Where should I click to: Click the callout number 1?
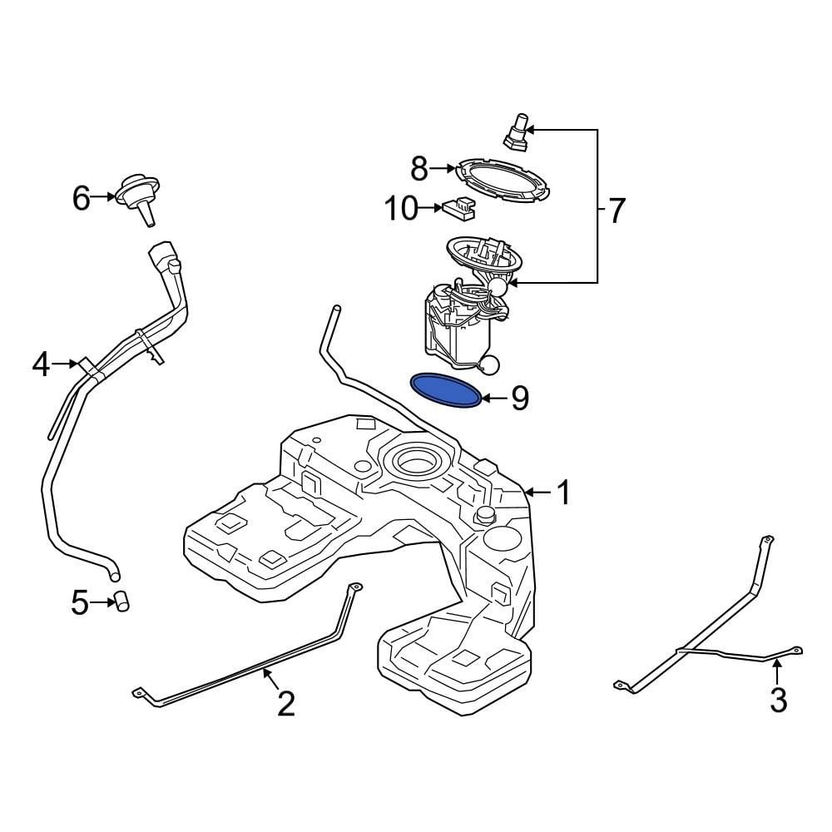(x=564, y=493)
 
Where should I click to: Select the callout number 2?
(x=285, y=704)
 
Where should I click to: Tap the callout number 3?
(x=778, y=700)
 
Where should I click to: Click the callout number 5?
(x=80, y=602)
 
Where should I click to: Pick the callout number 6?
(x=81, y=198)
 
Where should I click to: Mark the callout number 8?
(x=419, y=170)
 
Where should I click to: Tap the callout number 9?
(x=519, y=399)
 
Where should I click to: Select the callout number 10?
(x=401, y=209)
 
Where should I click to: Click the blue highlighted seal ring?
(x=448, y=390)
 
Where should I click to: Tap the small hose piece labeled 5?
(x=122, y=602)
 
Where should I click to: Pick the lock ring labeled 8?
(x=503, y=180)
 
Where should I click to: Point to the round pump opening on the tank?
(x=414, y=460)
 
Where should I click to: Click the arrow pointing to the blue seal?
(x=493, y=399)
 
